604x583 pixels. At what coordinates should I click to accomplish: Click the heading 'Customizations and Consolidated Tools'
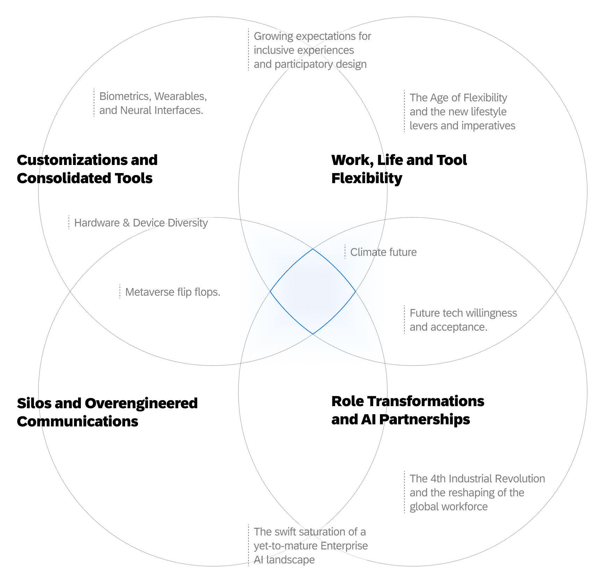pos(87,169)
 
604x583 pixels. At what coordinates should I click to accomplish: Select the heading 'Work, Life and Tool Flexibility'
pos(399,169)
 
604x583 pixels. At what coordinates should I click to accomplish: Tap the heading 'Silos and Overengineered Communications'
pos(107,412)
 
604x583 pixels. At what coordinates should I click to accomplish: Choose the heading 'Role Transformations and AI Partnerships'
pos(408,410)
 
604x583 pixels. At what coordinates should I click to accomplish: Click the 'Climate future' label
pos(383,252)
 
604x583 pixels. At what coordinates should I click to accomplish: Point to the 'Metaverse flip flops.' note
pos(173,292)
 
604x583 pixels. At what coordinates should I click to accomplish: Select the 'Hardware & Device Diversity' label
pos(141,223)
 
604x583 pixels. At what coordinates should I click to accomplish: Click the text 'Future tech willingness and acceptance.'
pos(463,320)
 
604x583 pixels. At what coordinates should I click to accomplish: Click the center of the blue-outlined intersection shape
pos(313,291)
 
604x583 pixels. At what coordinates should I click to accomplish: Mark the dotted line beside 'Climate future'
pos(345,252)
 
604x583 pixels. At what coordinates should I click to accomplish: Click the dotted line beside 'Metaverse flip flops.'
pos(120,291)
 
